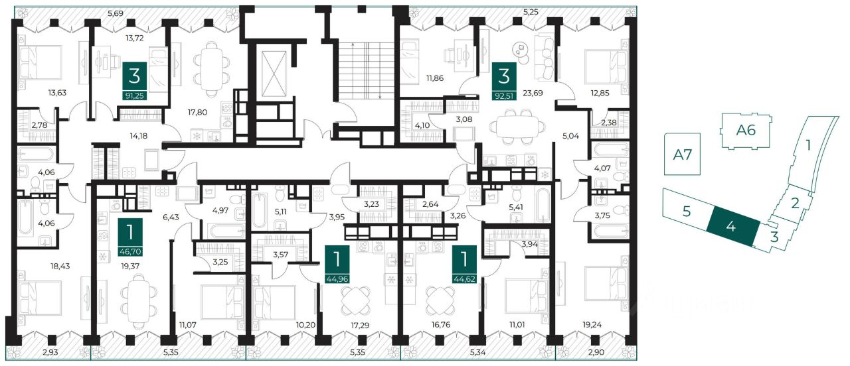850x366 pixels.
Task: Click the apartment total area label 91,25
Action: [134, 95]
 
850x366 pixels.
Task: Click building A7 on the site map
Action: [682, 154]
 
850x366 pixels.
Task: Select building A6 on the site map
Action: [746, 131]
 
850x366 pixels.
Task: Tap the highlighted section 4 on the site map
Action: [733, 227]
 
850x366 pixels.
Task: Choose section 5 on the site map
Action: [687, 211]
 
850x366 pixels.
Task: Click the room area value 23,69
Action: [533, 93]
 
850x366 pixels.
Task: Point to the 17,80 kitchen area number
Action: [197, 112]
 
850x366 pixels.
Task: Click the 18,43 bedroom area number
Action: [60, 266]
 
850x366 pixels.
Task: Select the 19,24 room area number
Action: [592, 325]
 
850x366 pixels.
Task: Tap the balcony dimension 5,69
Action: [116, 14]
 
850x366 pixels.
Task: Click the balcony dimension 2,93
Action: [50, 352]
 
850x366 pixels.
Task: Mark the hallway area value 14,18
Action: [139, 136]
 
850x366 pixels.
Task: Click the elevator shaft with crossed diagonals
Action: [274, 74]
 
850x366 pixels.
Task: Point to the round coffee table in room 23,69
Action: [520, 49]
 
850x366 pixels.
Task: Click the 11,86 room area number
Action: [435, 78]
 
